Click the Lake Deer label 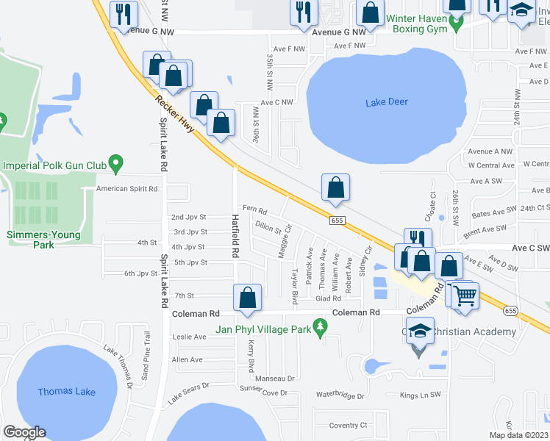(386, 102)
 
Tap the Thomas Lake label (66, 392)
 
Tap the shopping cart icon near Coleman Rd (464, 295)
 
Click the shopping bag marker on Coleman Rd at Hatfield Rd (248, 298)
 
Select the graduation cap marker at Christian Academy (419, 331)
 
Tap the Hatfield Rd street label (236, 235)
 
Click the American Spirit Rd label (127, 189)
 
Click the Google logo (24, 432)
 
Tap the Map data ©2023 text (518, 435)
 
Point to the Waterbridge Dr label (340, 396)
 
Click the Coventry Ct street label (348, 425)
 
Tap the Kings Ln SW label (420, 395)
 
